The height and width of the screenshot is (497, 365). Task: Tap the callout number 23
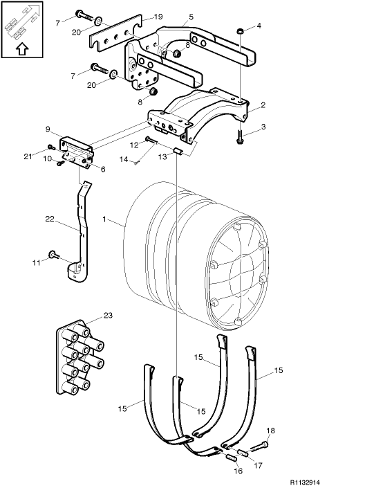(x=108, y=315)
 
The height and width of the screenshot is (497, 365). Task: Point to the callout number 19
(x=158, y=16)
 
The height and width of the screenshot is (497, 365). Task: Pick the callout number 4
(x=259, y=26)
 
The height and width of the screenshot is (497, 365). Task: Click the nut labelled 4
(x=238, y=31)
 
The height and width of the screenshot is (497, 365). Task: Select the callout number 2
(x=263, y=108)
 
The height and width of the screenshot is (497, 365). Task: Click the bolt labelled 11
(x=53, y=255)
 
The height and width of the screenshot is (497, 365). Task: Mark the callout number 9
(x=48, y=129)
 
